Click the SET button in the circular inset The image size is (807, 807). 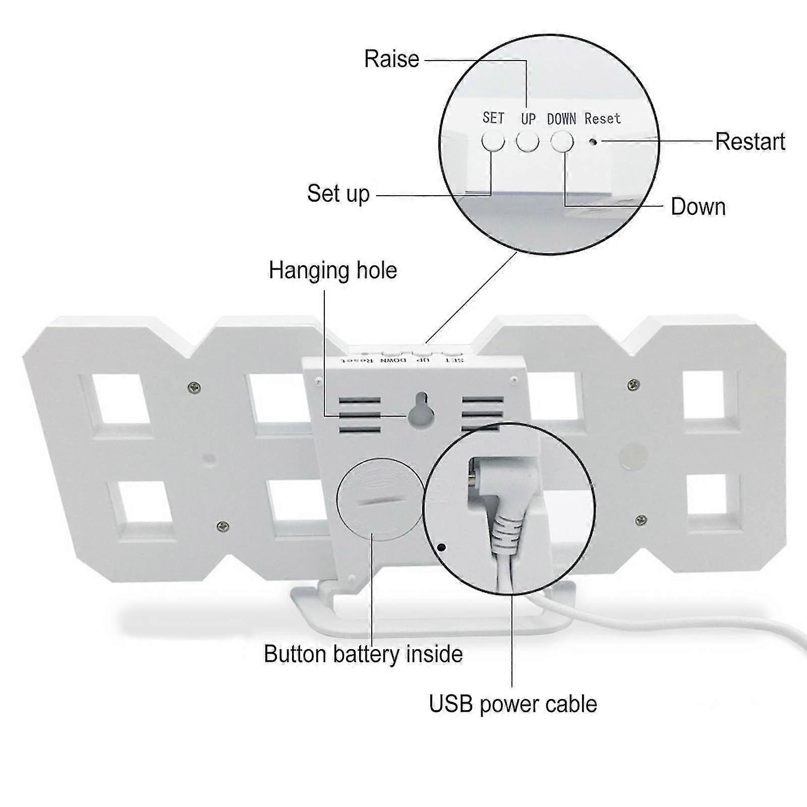click(x=493, y=142)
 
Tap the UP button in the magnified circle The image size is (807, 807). click(x=527, y=142)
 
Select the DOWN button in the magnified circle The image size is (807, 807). click(x=562, y=142)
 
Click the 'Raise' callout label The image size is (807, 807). click(x=391, y=59)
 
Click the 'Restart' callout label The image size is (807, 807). click(x=750, y=142)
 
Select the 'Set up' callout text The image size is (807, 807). click(x=338, y=194)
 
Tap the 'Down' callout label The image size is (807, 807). click(x=698, y=207)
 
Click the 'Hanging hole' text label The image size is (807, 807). click(x=333, y=270)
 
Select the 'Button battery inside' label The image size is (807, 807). click(x=363, y=654)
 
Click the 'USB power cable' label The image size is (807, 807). click(x=513, y=704)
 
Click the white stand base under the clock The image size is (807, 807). click(x=434, y=618)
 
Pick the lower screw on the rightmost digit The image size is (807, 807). click(x=641, y=520)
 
